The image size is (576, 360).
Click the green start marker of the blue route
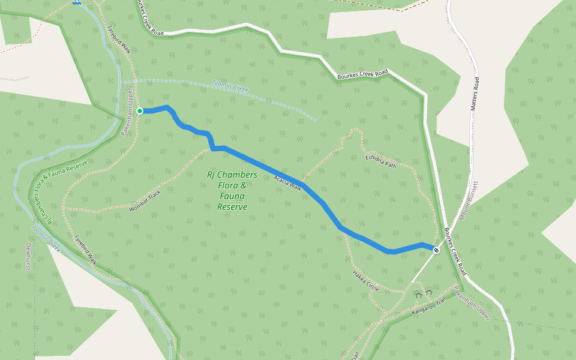click(140, 111)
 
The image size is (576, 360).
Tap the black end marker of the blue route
click(436, 250)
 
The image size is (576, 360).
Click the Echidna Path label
click(381, 161)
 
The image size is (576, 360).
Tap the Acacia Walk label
click(287, 181)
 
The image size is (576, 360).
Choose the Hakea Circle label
click(365, 281)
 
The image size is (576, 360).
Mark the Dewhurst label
click(28, 257)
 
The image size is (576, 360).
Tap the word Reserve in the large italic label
click(232, 207)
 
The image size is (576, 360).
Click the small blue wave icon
click(76, 2)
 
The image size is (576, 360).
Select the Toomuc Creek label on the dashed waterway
click(230, 86)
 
